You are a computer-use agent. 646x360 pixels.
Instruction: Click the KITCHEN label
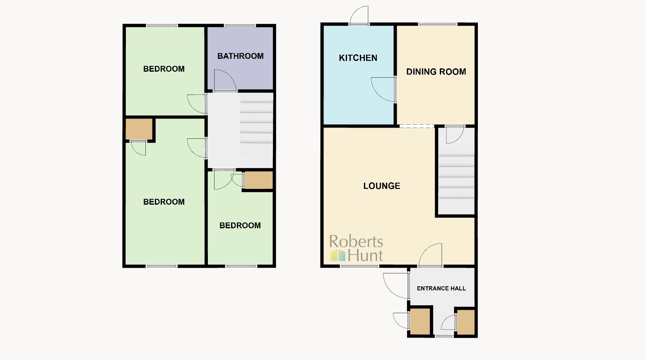click(x=358, y=58)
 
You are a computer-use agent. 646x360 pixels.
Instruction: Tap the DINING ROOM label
click(x=436, y=72)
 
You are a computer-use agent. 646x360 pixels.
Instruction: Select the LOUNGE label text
click(x=381, y=186)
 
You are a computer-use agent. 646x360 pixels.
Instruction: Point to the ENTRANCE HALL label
click(x=441, y=288)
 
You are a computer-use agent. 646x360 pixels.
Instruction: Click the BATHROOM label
click(x=240, y=56)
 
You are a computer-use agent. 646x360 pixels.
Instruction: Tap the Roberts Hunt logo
click(x=356, y=248)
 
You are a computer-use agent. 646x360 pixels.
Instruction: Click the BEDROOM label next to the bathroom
click(x=164, y=69)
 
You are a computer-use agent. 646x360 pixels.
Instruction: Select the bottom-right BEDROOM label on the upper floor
click(x=240, y=225)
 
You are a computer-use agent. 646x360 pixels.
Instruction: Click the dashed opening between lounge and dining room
click(x=417, y=126)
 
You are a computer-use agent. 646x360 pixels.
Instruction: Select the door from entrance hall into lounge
click(x=431, y=255)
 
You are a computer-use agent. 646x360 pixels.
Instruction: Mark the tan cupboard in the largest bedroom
click(x=139, y=129)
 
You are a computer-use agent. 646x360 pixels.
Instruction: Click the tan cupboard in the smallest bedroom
click(x=258, y=181)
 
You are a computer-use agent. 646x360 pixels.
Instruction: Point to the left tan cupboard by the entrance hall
click(x=420, y=321)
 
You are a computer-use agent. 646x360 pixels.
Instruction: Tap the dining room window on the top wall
click(x=438, y=24)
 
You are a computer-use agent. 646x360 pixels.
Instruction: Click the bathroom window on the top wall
click(x=240, y=26)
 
